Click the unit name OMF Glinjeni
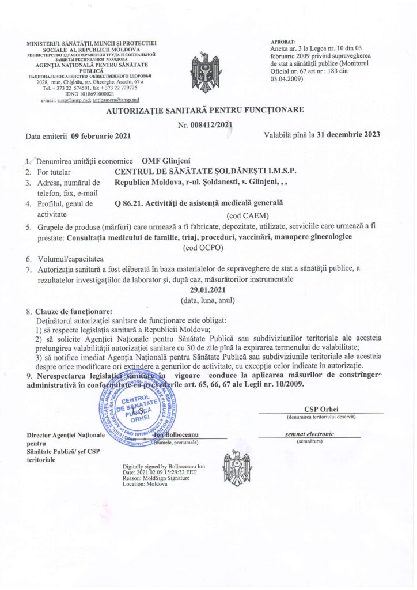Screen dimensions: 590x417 [169, 160]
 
